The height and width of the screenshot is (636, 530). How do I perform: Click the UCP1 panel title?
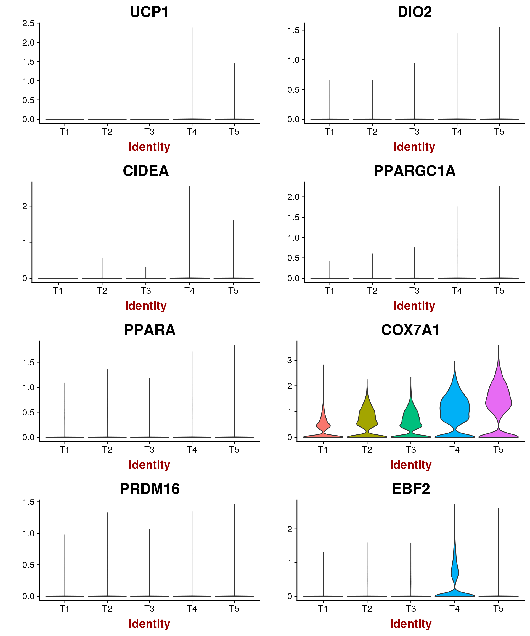[149, 12]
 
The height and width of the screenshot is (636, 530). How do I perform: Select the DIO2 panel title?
[414, 12]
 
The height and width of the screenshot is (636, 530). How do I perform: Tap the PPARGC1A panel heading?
[414, 171]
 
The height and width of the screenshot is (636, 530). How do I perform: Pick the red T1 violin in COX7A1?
[323, 425]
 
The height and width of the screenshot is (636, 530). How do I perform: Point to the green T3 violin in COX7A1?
[411, 418]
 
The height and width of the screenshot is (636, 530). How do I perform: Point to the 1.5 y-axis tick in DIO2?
[293, 30]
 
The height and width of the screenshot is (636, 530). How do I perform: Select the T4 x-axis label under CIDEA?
[190, 291]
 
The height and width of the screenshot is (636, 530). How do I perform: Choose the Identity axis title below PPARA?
[149, 465]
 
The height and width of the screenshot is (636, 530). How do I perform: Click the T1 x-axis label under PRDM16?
[65, 609]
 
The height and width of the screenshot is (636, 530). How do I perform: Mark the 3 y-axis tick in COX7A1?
[290, 361]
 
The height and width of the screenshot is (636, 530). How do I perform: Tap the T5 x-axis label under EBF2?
[498, 609]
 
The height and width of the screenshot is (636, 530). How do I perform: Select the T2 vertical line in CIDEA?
[102, 268]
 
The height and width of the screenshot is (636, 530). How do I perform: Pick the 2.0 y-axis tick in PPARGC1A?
[293, 197]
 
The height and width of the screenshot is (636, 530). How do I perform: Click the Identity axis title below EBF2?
[411, 624]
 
